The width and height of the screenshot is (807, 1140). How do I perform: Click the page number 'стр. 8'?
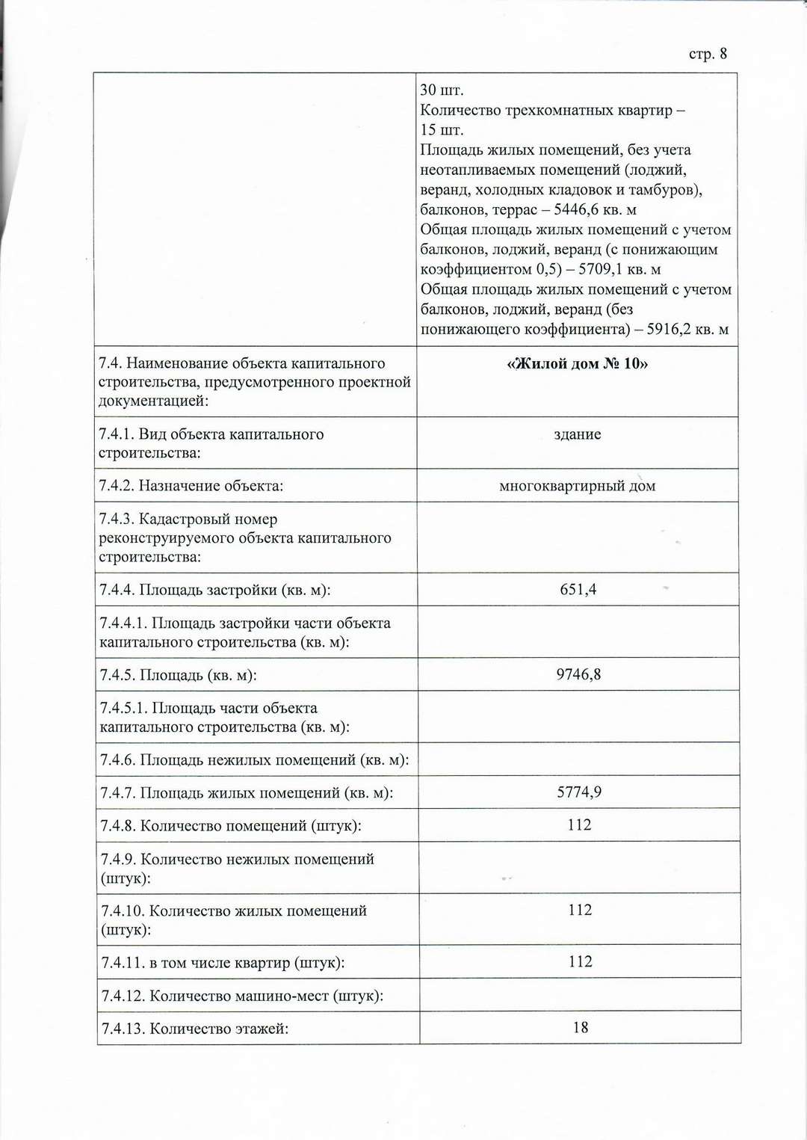707,54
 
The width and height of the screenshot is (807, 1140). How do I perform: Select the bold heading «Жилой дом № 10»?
577,364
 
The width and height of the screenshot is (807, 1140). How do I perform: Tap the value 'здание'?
577,434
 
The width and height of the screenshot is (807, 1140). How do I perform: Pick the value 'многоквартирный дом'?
577,486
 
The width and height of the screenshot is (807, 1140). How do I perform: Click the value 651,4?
578,590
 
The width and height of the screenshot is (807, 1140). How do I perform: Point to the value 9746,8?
578,674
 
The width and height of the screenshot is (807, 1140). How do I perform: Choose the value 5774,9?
578,792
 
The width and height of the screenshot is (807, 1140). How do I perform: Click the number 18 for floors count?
581,1028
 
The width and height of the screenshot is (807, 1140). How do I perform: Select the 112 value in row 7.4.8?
579,825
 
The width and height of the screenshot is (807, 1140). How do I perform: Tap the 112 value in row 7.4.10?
580,910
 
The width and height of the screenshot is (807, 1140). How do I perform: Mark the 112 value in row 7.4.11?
580,961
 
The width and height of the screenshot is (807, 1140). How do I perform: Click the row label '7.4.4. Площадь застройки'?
215,591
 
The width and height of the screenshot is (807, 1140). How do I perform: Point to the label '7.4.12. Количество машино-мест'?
242,996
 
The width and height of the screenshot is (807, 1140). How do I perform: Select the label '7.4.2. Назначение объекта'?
191,486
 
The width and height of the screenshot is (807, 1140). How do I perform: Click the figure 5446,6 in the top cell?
576,210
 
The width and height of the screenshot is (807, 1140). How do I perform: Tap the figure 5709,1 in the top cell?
600,269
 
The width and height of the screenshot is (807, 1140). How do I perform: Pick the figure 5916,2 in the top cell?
669,329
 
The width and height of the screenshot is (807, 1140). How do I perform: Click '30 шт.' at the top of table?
442,90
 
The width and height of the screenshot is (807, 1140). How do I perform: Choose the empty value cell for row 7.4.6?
578,760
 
